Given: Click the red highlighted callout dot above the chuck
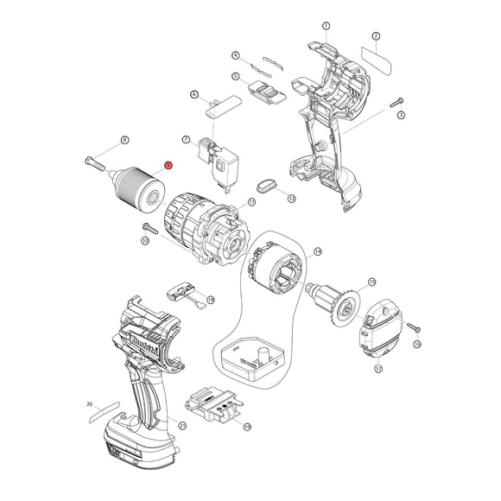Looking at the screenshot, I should tap(168, 164).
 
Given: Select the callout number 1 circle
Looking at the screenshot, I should tap(325, 26).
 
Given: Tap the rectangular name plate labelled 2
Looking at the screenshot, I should tap(377, 62).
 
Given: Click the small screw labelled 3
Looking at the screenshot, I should tap(398, 102).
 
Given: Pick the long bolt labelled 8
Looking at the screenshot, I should tap(95, 161).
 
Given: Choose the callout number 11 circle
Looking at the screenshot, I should tap(251, 202).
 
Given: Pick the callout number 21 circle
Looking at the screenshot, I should tap(181, 425).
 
